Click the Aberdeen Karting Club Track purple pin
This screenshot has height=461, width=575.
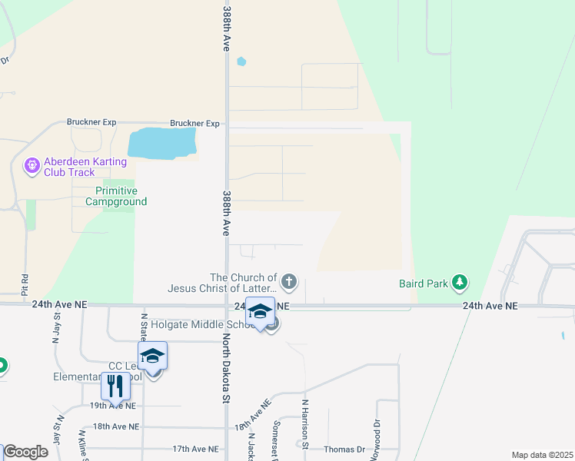[32, 165]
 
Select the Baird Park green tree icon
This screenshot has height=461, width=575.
[460, 283]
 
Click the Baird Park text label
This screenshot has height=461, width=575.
[424, 284]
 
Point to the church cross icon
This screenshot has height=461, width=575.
[289, 282]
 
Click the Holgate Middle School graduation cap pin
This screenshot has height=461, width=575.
[260, 313]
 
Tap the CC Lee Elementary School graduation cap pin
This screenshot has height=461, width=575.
[153, 357]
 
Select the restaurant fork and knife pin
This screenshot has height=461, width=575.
[115, 386]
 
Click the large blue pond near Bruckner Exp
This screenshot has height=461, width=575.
[162, 143]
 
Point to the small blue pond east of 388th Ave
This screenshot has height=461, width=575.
[241, 61]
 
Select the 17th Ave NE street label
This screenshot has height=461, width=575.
[195, 449]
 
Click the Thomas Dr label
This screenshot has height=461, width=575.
[344, 449]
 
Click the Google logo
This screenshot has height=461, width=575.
[25, 452]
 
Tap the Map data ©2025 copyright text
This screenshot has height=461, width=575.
[541, 455]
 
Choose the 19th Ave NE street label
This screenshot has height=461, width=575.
[113, 406]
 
